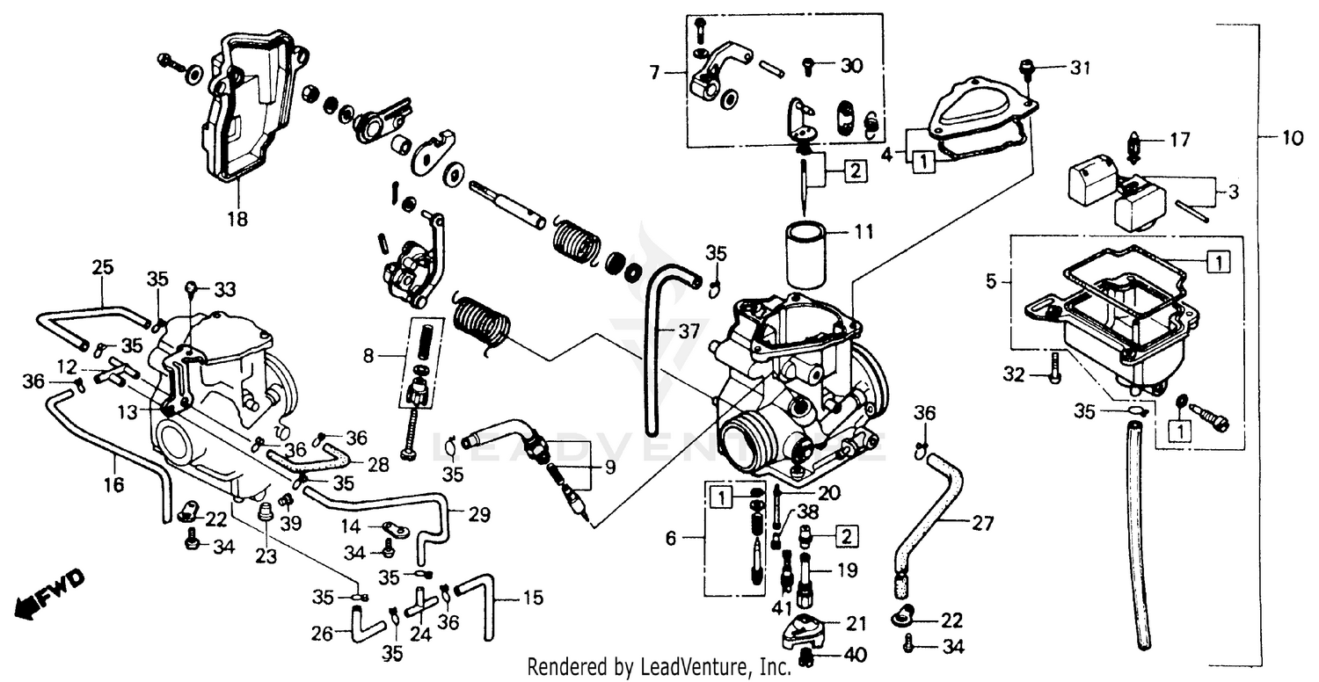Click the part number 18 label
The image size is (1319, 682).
(x=237, y=218)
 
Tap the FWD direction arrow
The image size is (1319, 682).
(x=51, y=592)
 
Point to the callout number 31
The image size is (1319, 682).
(x=1080, y=68)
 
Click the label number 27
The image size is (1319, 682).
(x=981, y=525)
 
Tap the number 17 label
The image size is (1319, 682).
(x=1178, y=140)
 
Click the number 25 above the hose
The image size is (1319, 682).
(x=103, y=266)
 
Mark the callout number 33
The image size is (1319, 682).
(x=225, y=288)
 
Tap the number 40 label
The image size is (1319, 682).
(x=854, y=654)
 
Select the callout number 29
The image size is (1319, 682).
(x=479, y=514)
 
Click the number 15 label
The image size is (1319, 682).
(x=533, y=601)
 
